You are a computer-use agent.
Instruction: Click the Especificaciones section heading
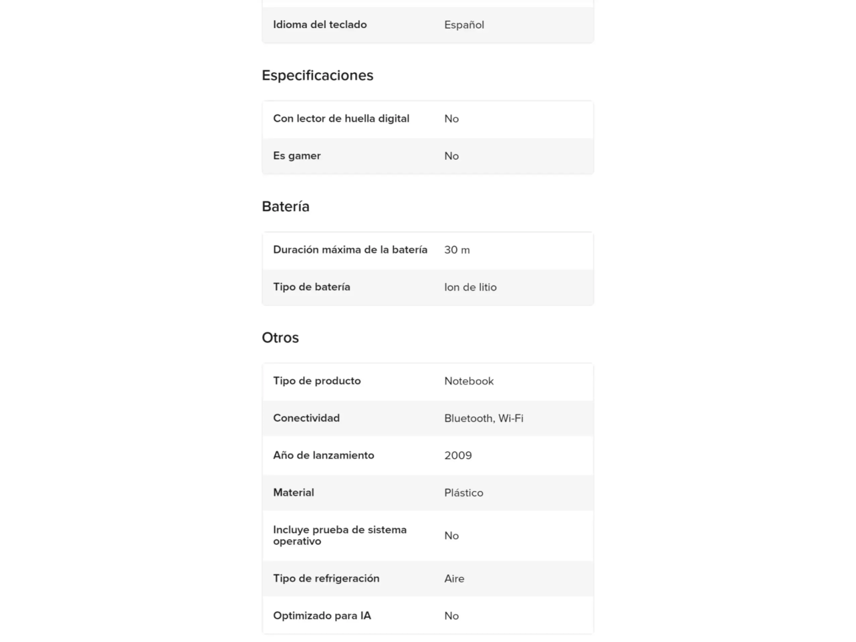(x=317, y=76)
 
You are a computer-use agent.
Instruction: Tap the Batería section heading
(x=286, y=207)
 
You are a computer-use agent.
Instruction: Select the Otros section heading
(x=280, y=338)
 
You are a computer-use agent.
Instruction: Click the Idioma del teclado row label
(x=320, y=25)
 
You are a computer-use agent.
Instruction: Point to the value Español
(x=464, y=25)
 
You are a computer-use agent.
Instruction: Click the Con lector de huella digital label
(x=341, y=118)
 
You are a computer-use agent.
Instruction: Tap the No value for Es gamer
(x=451, y=156)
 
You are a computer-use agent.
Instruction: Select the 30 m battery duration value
(x=457, y=249)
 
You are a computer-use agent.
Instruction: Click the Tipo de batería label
(x=312, y=287)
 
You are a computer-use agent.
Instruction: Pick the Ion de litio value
(x=470, y=287)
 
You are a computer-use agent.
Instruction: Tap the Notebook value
(x=469, y=381)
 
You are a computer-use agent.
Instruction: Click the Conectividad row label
(x=306, y=418)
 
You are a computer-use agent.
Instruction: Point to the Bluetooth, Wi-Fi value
(x=484, y=418)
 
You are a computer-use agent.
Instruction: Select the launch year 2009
(x=458, y=455)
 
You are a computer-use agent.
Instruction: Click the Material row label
(x=294, y=493)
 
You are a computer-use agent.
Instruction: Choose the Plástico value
(x=463, y=493)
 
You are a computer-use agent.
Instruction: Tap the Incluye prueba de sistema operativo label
(x=340, y=535)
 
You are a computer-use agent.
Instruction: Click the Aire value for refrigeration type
(x=454, y=578)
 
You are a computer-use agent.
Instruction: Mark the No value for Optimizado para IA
(x=451, y=616)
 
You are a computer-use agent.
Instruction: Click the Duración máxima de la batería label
(x=350, y=249)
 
